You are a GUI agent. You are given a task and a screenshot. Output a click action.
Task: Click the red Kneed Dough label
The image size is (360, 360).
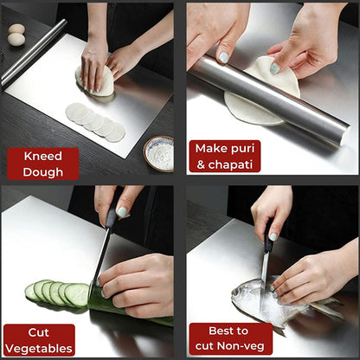click(x=42, y=163)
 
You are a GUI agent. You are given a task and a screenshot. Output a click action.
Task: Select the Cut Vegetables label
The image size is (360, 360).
click(x=39, y=339)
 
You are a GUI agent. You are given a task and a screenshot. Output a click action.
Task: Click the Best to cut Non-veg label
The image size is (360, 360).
click(x=230, y=338)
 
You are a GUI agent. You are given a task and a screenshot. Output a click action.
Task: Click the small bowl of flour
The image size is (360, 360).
click(x=159, y=154)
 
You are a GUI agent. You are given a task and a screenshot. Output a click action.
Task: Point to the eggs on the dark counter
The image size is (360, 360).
click(x=16, y=35)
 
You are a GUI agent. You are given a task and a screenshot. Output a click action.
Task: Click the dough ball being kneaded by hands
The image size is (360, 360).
click(x=95, y=80)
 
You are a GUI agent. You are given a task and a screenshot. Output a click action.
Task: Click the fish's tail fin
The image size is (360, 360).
click(x=327, y=306)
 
